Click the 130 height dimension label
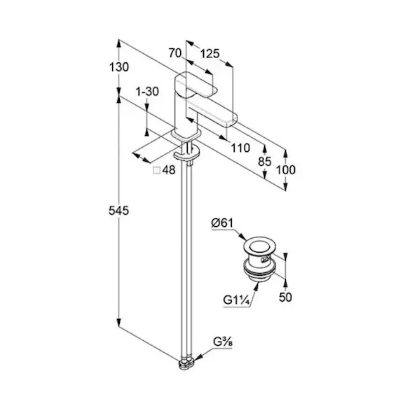(119, 67)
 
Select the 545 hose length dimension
(118, 211)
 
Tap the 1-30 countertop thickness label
(147, 92)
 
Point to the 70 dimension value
(175, 53)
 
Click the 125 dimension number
(210, 54)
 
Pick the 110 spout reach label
(240, 148)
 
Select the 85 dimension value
(265, 162)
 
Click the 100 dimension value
(286, 170)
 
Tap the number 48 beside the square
(169, 170)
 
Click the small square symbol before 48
(156, 170)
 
